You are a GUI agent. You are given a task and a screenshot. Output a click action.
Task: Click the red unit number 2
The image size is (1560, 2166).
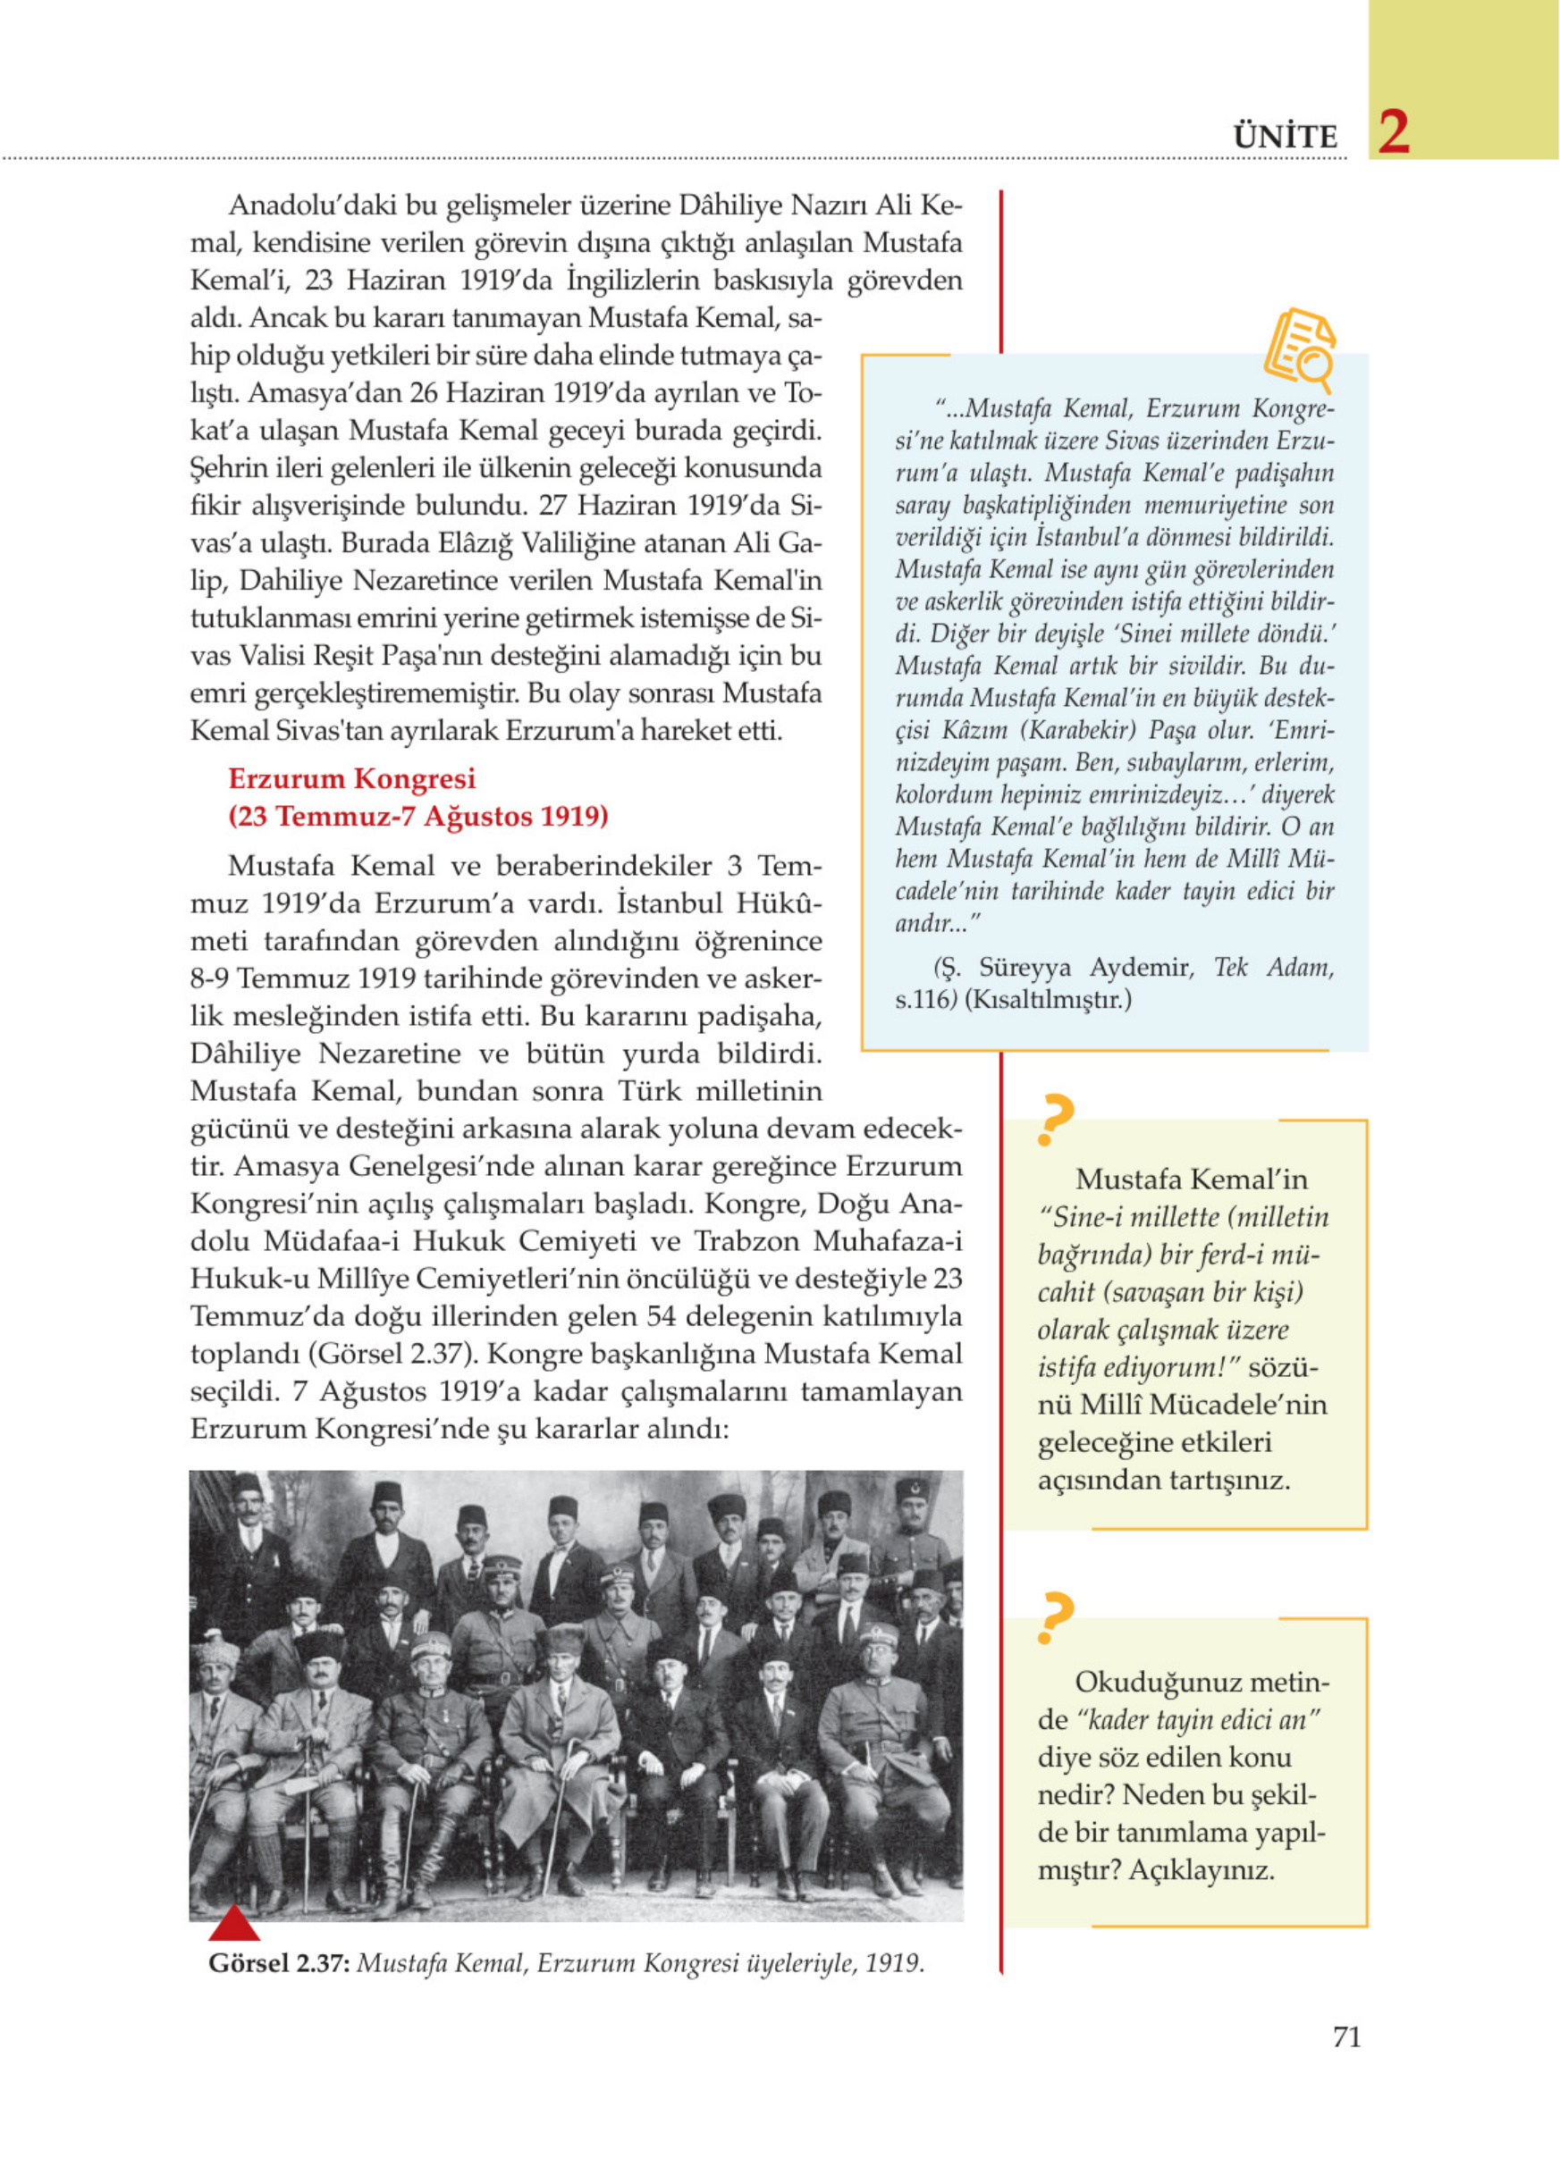tap(1394, 133)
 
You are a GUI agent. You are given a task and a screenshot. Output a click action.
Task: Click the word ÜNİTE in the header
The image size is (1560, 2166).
tap(1286, 138)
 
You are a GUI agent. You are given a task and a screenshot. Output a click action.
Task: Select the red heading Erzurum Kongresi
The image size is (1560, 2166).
tap(351, 779)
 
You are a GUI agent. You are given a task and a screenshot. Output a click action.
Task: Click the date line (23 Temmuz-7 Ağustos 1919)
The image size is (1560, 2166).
tap(417, 818)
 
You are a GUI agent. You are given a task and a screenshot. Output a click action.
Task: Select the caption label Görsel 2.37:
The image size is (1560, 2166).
tap(279, 1964)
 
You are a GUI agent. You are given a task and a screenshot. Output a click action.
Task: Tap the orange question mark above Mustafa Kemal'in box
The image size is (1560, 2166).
tap(1055, 1120)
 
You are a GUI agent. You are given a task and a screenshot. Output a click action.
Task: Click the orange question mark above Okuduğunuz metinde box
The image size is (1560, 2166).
tap(1055, 1619)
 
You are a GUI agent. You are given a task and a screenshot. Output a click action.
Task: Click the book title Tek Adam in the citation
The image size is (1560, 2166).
tap(1273, 969)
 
